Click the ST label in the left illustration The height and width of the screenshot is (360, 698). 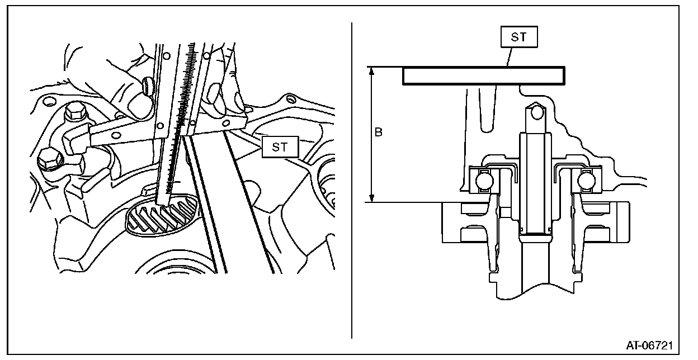tap(280, 148)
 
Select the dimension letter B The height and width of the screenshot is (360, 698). tap(378, 133)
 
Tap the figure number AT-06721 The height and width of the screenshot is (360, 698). tap(649, 345)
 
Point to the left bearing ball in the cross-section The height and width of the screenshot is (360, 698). tap(483, 180)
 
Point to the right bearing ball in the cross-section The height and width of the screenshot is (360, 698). tap(586, 180)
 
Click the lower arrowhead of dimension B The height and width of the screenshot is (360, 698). tap(371, 198)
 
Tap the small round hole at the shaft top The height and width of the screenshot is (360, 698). tap(537, 113)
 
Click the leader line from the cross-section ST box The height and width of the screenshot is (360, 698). tap(508, 56)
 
